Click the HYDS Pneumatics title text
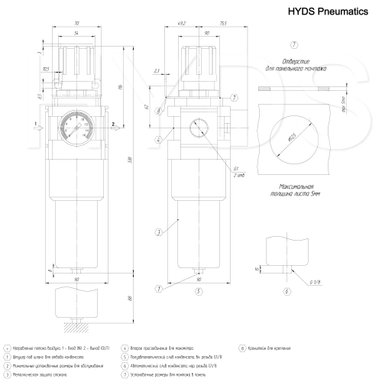click(x=323, y=12)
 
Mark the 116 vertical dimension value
click(x=121, y=86)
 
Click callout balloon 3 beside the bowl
click(x=157, y=231)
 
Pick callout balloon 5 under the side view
click(x=197, y=291)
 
